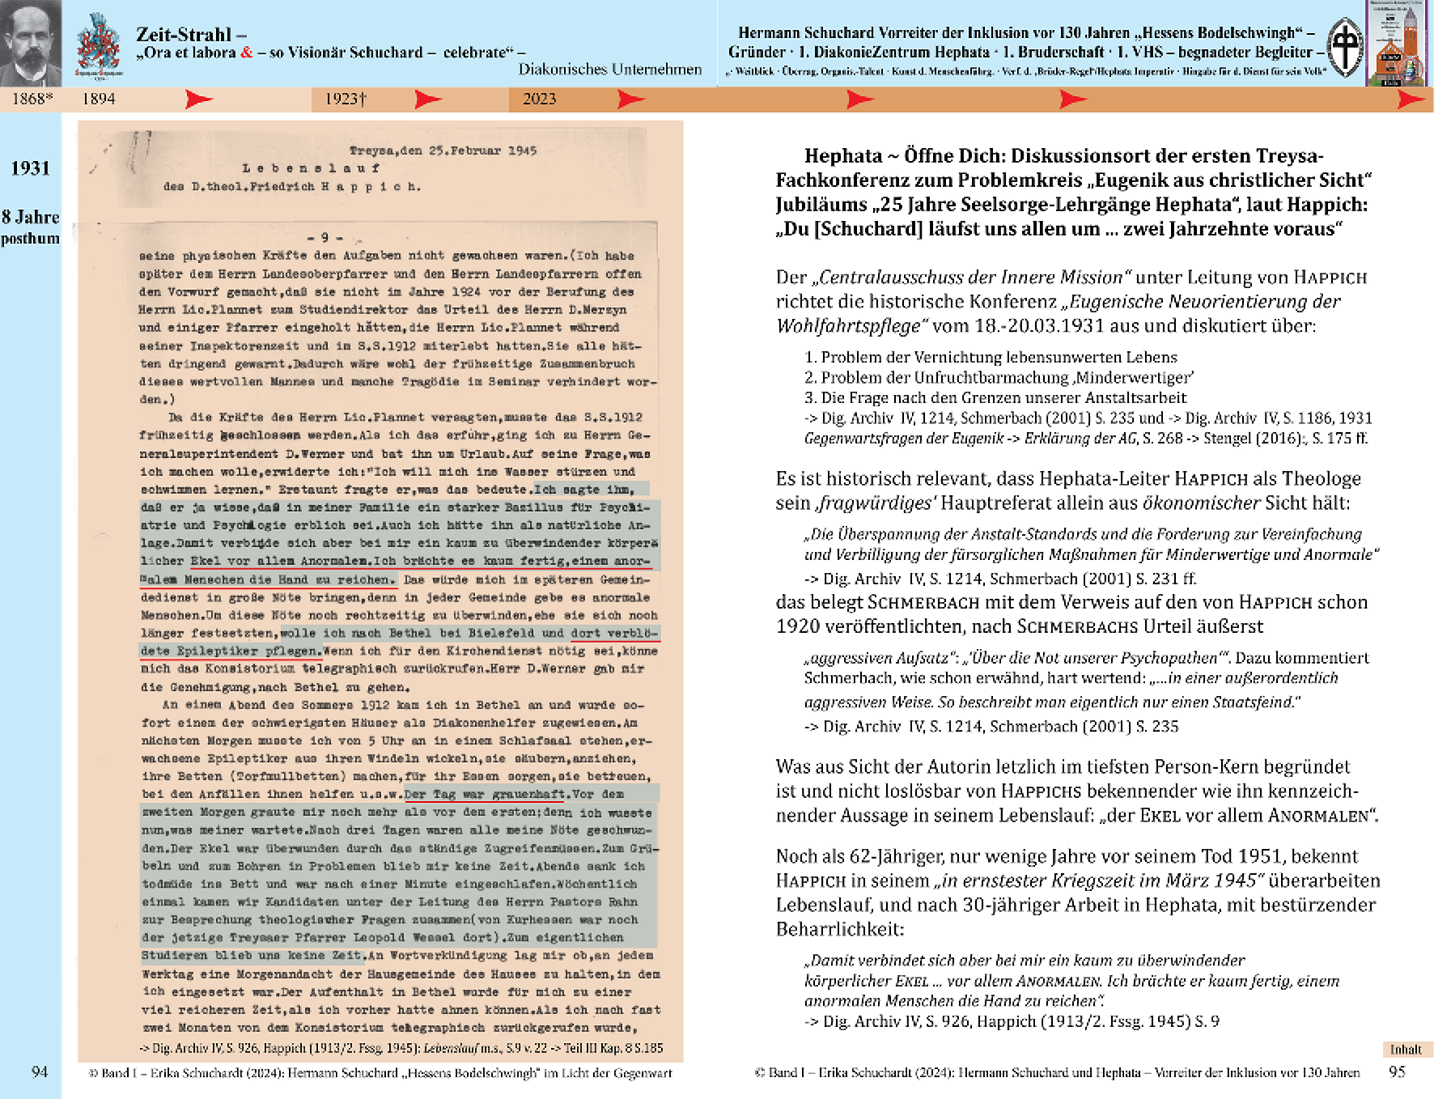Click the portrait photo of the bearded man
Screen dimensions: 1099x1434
pos(30,42)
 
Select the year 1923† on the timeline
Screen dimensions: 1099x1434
pos(346,99)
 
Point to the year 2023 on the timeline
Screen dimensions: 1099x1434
pos(539,99)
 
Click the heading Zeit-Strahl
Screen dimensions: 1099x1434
pos(184,34)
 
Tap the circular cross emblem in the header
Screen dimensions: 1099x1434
pos(1346,47)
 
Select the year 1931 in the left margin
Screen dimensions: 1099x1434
pos(30,168)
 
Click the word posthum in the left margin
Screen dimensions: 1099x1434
pos(30,239)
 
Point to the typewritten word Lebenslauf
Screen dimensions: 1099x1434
pos(311,168)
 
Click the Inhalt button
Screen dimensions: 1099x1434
pos(1406,1049)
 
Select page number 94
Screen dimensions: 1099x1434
pos(40,1071)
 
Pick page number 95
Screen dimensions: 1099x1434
pos(1397,1071)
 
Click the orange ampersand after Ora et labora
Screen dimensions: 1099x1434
pos(247,53)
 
